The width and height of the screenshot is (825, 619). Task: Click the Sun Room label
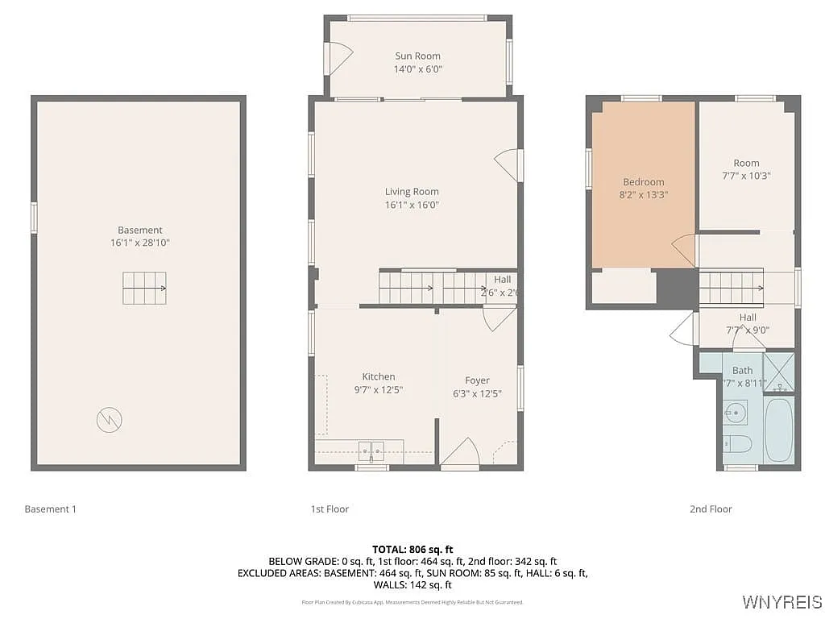coord(417,56)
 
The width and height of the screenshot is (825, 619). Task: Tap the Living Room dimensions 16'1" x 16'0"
coord(412,205)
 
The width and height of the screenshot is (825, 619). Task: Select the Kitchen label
coord(378,376)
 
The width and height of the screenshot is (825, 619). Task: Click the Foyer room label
coord(477,380)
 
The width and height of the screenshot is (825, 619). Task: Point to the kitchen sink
coord(371,450)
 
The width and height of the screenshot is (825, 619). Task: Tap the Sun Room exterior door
coord(338,58)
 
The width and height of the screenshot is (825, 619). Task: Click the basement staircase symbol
coord(144,288)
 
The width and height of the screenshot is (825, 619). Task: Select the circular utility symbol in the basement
coord(109,420)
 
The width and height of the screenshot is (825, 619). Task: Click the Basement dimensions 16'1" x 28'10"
coord(140,243)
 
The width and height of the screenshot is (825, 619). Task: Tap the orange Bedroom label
coord(643,182)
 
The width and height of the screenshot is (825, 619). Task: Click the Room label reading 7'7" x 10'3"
coord(746,175)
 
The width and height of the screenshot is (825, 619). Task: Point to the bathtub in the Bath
coord(778,430)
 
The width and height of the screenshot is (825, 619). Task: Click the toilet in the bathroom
coord(736,444)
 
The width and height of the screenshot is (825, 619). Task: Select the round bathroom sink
coord(735,415)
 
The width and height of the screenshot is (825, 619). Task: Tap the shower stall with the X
coord(778,372)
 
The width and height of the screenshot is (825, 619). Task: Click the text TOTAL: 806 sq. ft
coord(412,549)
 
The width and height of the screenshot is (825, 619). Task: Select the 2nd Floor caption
coord(711,509)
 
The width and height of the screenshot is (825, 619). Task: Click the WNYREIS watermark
coord(780,602)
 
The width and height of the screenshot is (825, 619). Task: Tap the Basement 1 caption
coord(50,509)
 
